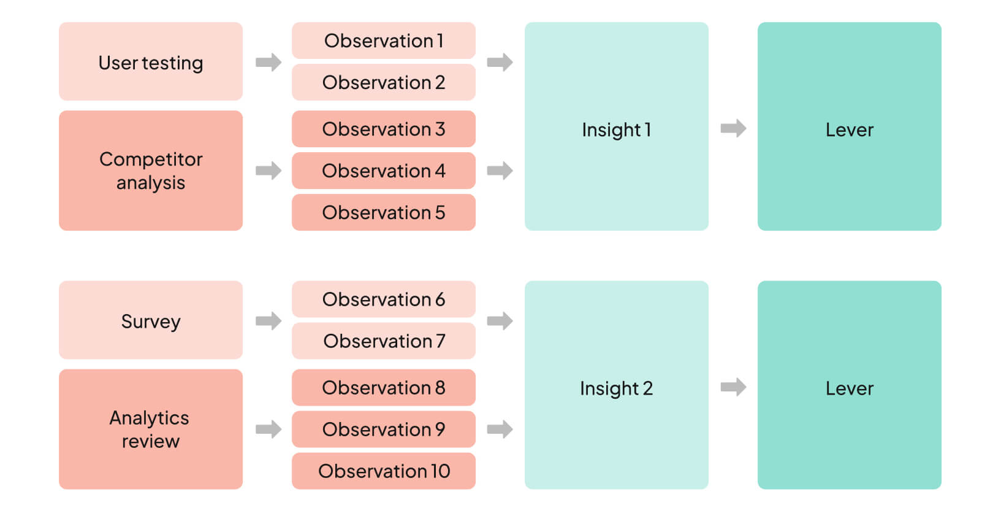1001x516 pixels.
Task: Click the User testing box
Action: tap(151, 61)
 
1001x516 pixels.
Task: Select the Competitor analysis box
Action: tap(151, 171)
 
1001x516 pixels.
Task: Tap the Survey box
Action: tap(151, 320)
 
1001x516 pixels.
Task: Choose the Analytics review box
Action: tap(151, 429)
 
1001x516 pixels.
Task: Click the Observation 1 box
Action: tap(384, 40)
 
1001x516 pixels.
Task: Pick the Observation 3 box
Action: tap(384, 129)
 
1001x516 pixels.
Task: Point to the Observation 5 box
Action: tap(384, 212)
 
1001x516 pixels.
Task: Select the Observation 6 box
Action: tap(384, 299)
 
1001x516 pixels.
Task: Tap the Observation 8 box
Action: tap(384, 388)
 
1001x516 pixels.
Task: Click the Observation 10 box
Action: tap(384, 471)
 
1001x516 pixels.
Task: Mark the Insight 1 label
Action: tap(616, 130)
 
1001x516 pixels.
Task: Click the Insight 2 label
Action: tap(616, 388)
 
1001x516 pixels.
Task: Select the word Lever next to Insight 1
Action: tap(849, 130)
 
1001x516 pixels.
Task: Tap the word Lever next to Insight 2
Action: tap(849, 388)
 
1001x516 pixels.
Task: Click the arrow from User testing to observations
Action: tap(268, 62)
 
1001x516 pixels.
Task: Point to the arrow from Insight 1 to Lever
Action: tap(733, 128)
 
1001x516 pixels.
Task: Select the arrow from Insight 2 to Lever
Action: tap(733, 387)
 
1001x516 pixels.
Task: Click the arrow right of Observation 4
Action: tap(500, 171)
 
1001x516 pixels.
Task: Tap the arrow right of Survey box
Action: tap(268, 321)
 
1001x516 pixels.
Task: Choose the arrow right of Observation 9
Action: tap(500, 429)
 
